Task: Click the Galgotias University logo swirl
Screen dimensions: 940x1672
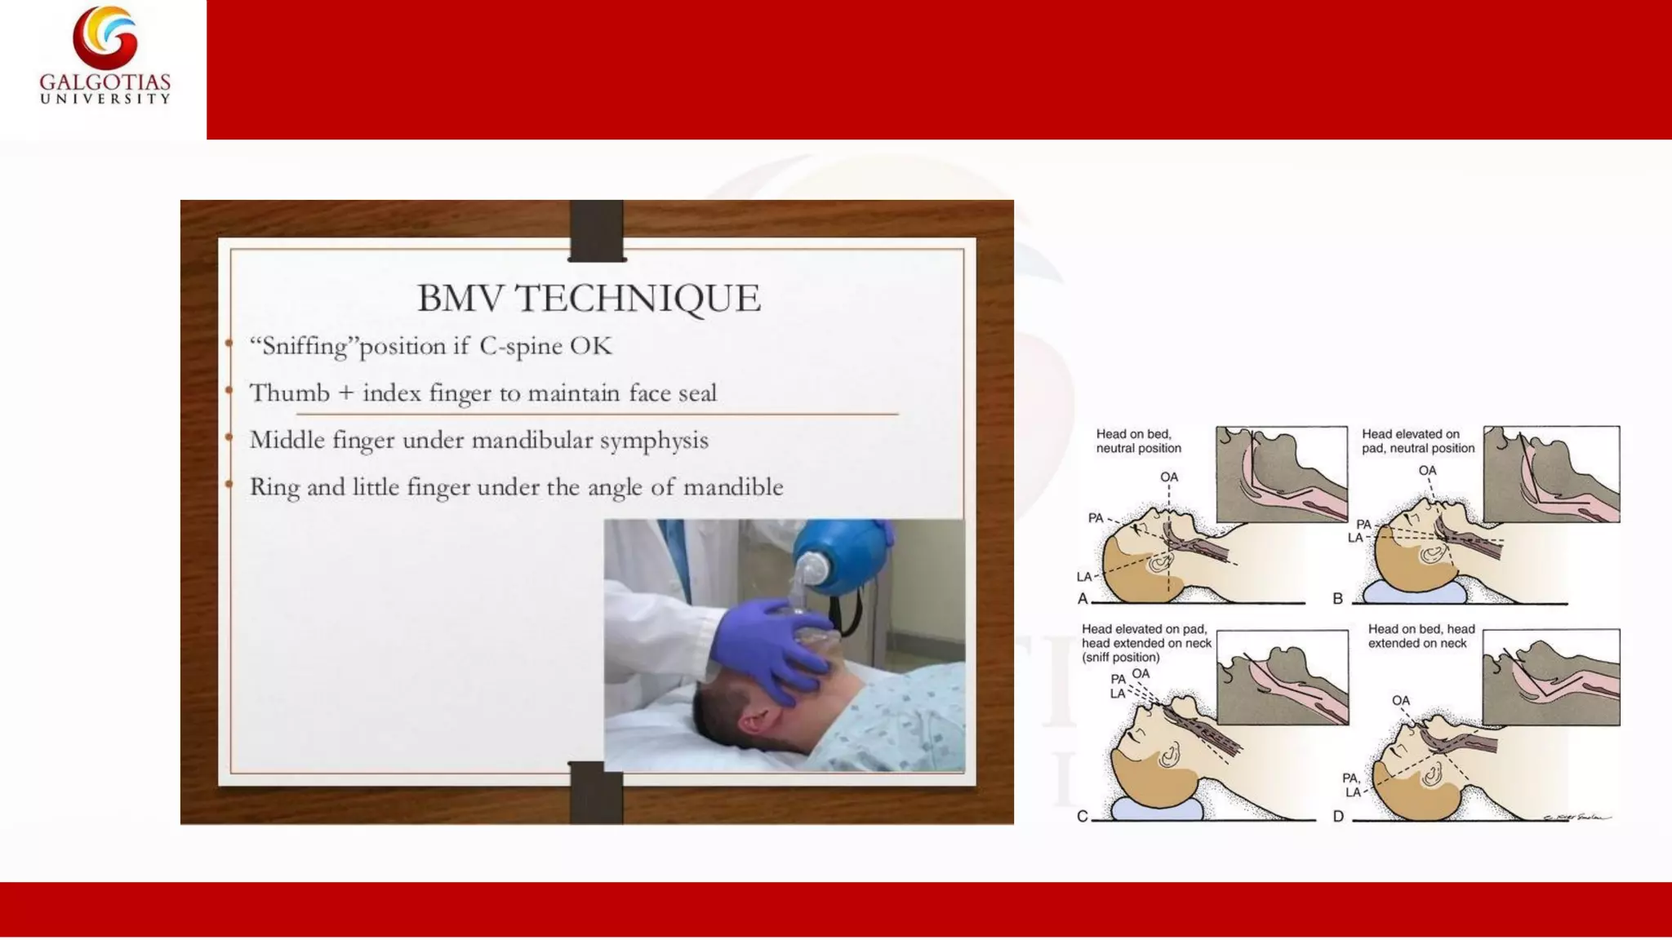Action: (104, 37)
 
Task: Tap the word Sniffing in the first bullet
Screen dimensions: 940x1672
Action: (305, 346)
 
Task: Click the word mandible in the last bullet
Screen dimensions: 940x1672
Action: (732, 487)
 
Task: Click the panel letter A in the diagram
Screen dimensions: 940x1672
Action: (1083, 599)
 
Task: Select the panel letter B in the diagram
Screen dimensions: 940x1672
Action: (1337, 599)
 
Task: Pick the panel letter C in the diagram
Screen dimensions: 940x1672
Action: (1082, 817)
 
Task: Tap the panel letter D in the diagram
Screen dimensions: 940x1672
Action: (1338, 817)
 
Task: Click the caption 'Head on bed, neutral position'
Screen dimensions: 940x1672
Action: (1138, 441)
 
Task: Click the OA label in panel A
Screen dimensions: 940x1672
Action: (1169, 477)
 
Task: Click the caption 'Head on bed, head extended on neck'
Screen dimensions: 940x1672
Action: (1421, 636)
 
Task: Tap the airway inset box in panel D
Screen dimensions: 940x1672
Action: (1550, 677)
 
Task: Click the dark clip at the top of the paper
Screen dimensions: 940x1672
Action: (597, 231)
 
